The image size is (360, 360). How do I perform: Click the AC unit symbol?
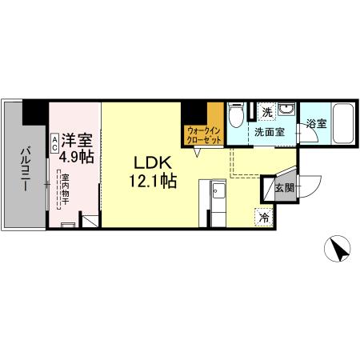click(54, 142)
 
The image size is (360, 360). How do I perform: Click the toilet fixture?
click(235, 117)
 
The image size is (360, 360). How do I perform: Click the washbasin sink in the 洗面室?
click(290, 114)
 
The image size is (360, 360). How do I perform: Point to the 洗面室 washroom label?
click(269, 133)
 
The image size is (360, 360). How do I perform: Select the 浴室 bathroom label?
click(316, 123)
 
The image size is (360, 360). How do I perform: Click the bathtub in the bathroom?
click(344, 125)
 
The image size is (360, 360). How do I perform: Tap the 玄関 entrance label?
click(285, 189)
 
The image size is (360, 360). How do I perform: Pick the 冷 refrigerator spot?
click(262, 216)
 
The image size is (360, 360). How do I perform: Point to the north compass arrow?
click(339, 251)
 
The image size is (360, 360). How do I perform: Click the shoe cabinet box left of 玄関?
click(270, 187)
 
